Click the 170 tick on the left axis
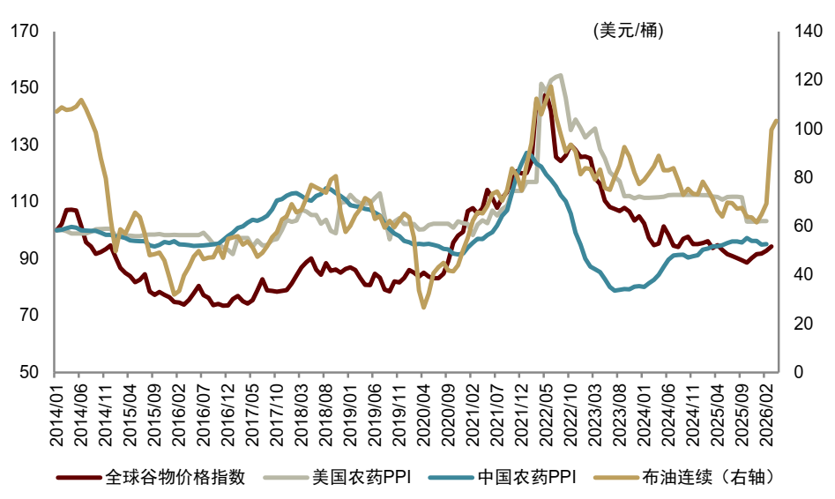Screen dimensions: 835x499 25,32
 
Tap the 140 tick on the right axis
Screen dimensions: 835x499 808,32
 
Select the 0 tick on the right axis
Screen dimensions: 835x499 798,372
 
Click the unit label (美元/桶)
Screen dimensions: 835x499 629,30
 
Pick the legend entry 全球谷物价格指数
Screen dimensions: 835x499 151,477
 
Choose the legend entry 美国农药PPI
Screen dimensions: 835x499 338,477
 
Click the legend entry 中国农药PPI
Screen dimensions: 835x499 503,477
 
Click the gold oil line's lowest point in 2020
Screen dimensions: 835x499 424,308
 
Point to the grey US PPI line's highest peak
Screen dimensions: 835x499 560,76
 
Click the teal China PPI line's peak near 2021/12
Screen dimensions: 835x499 527,153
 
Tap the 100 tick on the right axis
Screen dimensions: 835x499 808,129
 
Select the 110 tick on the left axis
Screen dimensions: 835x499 25,201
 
